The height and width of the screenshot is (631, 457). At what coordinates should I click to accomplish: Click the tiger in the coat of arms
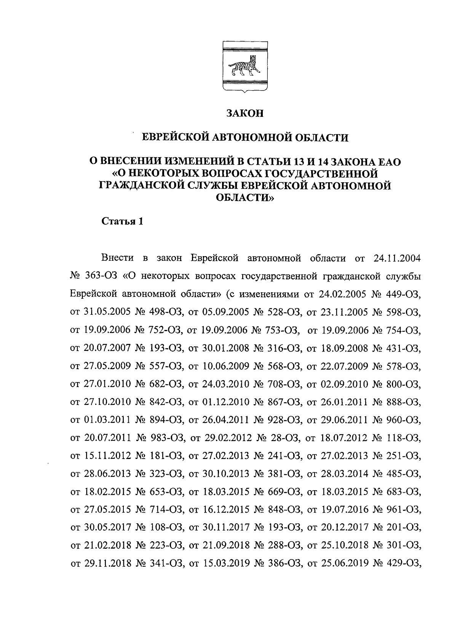(244, 68)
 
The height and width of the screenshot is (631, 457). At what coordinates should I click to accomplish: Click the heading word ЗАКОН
(245, 113)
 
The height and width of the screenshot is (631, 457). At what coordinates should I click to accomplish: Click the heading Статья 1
(122, 221)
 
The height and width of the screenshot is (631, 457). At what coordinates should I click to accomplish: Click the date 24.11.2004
(395, 259)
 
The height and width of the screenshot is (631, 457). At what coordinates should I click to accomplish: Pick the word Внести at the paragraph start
(118, 259)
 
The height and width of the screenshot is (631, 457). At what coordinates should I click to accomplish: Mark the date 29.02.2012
(228, 438)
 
